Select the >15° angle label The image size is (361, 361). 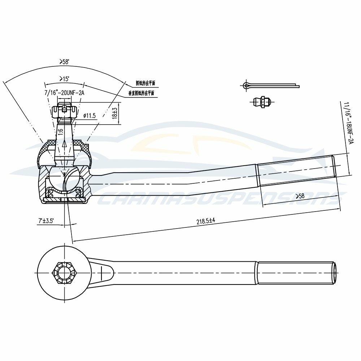tap(64, 78)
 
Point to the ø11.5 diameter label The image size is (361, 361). tap(89, 116)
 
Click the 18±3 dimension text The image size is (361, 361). tap(115, 113)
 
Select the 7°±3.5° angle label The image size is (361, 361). tap(46, 220)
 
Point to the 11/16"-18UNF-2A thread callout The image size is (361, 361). tap(347, 123)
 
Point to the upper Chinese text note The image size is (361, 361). tap(145, 83)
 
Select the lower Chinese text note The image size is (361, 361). tap(142, 93)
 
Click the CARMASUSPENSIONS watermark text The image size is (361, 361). tap(217, 199)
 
